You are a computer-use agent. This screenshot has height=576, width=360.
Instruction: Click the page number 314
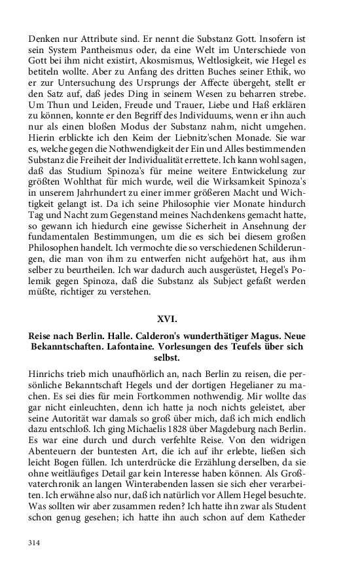coord(34,543)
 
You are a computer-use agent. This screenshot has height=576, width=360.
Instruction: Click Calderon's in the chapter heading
coord(163,336)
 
